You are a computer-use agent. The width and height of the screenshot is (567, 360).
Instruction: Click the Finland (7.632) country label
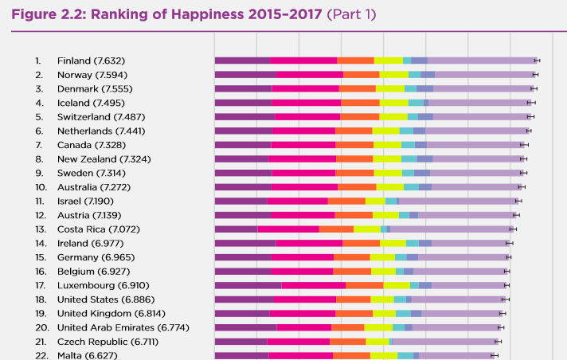(91, 61)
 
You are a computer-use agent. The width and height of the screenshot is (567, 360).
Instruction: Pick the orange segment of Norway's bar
(361, 75)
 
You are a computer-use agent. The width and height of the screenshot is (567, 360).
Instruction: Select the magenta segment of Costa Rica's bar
(287, 229)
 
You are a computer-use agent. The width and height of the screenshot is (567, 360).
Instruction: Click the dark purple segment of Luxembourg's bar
(248, 285)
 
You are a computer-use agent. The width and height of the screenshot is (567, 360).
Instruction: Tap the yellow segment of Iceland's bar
(393, 103)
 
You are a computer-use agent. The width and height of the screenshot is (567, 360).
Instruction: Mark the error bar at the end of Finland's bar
(537, 61)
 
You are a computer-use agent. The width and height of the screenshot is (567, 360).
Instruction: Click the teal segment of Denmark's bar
(410, 88)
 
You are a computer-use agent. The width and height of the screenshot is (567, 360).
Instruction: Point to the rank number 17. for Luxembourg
(40, 285)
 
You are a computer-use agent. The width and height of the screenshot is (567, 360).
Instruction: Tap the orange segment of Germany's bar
(351, 257)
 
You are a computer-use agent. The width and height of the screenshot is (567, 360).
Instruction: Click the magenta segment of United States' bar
(304, 299)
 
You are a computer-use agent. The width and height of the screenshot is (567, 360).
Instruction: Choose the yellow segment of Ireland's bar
(393, 243)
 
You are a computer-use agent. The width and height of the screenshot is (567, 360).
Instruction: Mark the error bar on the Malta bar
(493, 355)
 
